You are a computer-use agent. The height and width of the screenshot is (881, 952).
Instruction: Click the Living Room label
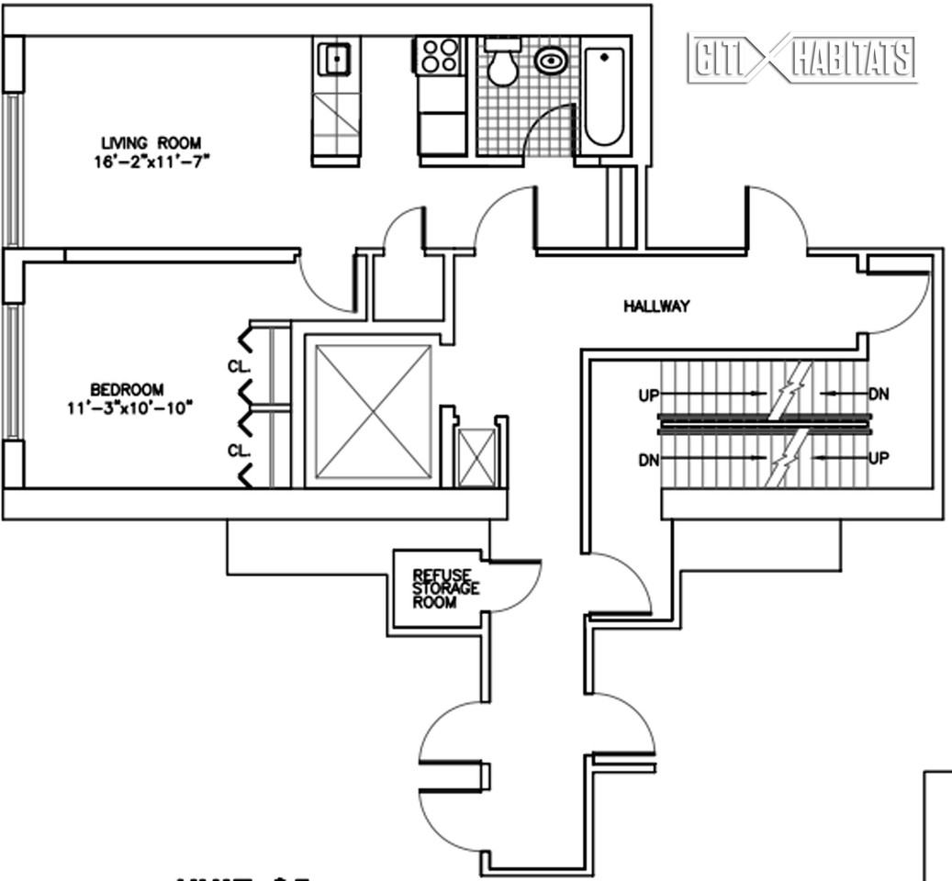153,142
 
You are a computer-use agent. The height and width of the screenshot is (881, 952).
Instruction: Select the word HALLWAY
656,307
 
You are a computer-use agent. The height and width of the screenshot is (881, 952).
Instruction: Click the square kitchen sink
336,61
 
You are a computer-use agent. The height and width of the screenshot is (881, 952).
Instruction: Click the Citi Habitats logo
802,58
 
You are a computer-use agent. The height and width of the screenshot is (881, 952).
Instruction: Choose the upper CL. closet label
237,366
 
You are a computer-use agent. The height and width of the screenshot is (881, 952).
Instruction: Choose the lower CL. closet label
237,450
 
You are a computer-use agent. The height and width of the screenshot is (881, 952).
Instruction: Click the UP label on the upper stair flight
649,396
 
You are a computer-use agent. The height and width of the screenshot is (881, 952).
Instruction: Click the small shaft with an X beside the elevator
476,456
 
